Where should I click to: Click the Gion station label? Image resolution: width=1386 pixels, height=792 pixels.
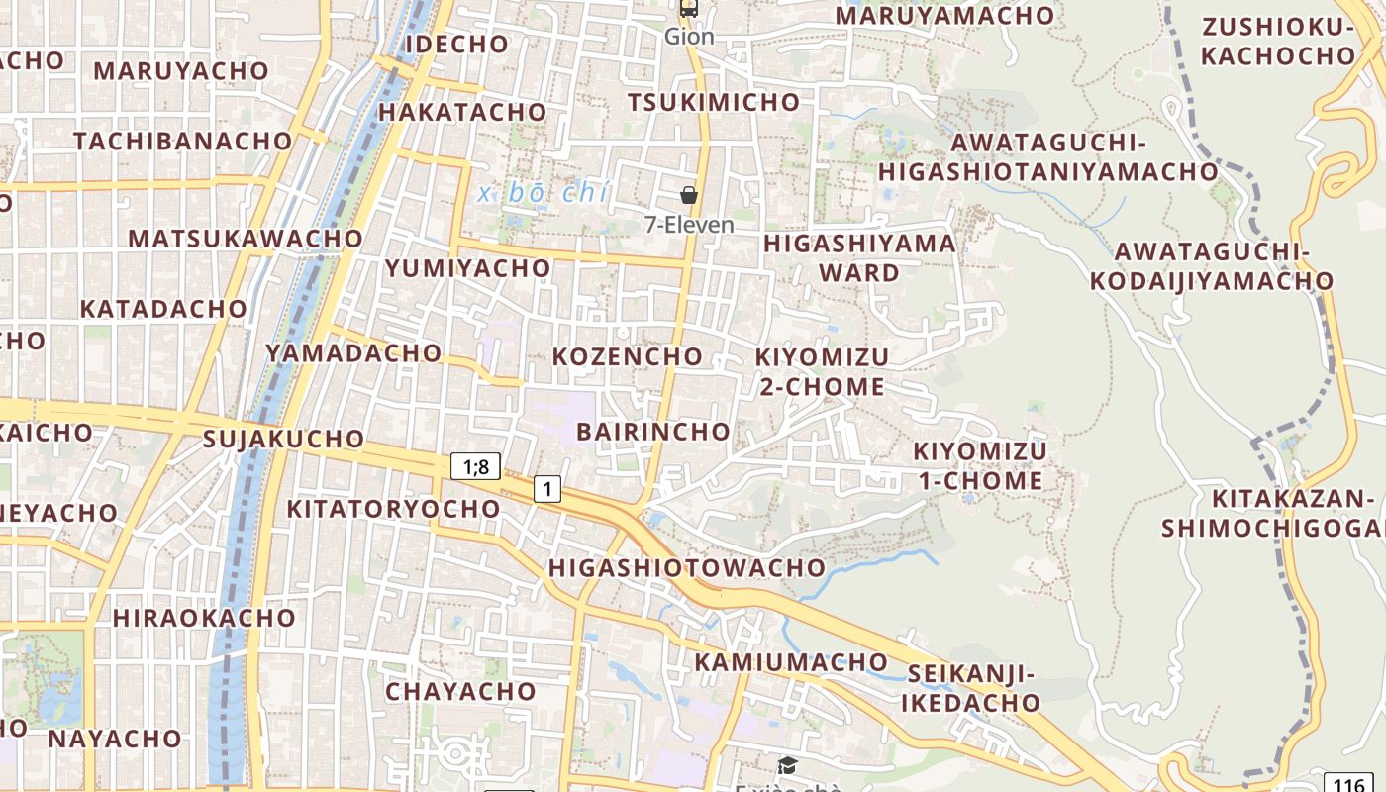[689, 37]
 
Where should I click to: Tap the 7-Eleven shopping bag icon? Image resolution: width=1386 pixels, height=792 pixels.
[689, 196]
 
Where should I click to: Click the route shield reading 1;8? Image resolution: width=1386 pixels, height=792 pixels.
[475, 466]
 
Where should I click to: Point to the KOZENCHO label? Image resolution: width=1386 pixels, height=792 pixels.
[628, 356]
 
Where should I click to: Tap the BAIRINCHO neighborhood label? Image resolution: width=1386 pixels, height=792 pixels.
[653, 432]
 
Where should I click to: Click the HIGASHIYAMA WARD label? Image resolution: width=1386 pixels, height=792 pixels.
[859, 257]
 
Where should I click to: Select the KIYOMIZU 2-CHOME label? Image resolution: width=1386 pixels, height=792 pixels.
[822, 371]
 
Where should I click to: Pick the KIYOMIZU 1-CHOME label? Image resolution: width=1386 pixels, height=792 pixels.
[979, 466]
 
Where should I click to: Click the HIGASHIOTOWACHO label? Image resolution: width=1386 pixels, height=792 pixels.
[686, 568]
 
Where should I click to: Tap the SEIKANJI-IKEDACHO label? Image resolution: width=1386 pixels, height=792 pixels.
[971, 689]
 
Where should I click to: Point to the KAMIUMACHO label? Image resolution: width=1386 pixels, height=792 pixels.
[791, 661]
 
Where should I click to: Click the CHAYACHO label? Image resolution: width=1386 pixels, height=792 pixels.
[460, 691]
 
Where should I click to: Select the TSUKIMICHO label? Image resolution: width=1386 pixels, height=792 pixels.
[714, 102]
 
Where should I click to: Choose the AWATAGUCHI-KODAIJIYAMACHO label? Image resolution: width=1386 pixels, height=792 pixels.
[1212, 266]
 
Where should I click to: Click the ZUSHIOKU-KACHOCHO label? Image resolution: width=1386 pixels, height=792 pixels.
[1277, 42]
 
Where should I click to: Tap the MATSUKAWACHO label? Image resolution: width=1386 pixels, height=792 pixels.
[246, 239]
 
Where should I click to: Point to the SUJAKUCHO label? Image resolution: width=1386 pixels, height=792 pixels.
[283, 439]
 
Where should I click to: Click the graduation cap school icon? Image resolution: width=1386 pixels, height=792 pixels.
[787, 765]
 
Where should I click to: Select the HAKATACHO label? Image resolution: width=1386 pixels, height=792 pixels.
[462, 112]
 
